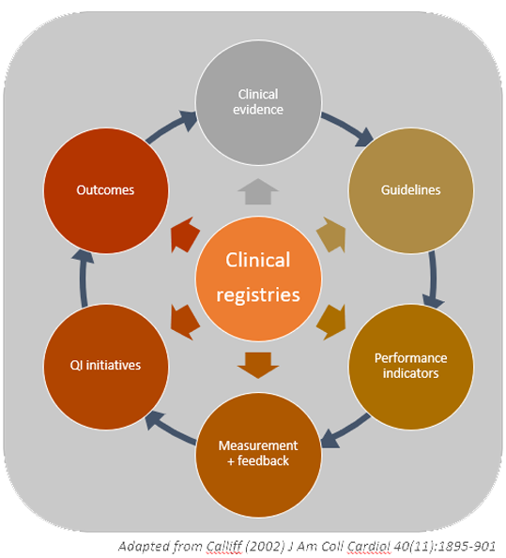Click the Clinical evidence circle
258,102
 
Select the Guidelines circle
411,190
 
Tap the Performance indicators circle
411,366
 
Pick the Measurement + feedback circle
258,454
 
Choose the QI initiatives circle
106,366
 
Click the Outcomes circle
106,190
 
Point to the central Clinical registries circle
258,279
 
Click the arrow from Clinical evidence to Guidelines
347,128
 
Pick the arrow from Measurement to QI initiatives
170,428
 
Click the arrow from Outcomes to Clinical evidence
172,127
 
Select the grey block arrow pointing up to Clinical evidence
258,191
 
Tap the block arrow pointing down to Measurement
258,366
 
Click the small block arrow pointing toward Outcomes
185,234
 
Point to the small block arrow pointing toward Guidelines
331,234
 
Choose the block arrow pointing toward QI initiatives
185,322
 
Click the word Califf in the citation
223,546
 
